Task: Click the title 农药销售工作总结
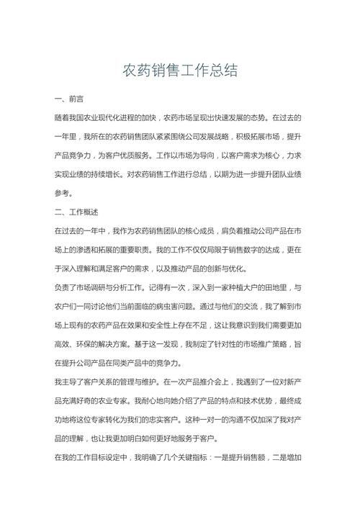(x=179, y=71)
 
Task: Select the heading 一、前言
(x=68, y=98)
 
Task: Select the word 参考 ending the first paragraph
(x=63, y=194)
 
